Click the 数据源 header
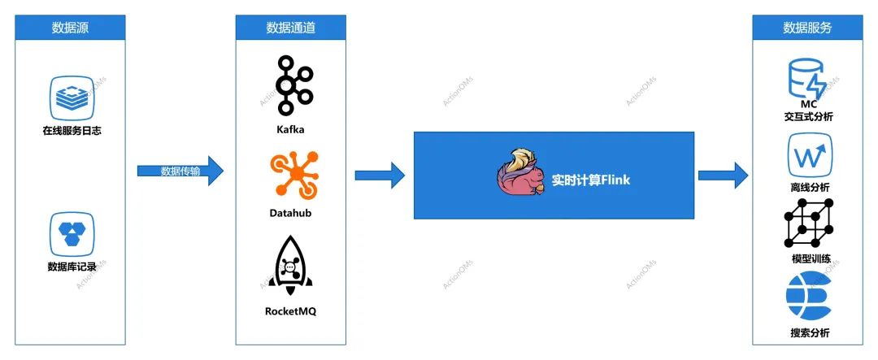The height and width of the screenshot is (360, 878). [71, 27]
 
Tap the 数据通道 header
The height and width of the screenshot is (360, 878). [290, 27]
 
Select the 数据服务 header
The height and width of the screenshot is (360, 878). [807, 27]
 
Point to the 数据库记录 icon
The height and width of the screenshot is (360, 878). [72, 232]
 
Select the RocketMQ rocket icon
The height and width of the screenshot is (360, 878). [290, 266]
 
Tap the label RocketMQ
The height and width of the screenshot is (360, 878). [290, 310]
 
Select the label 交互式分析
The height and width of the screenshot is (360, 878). [807, 116]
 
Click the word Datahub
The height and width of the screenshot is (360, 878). [290, 213]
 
